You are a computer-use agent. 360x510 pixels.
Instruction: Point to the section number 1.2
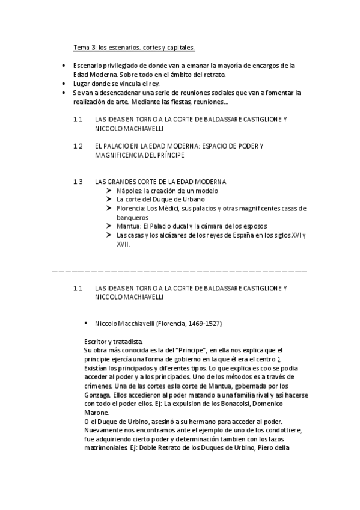[x=78, y=146]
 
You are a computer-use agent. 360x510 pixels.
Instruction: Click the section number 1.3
[x=78, y=182]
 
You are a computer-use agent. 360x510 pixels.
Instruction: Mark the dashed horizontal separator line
[x=180, y=272]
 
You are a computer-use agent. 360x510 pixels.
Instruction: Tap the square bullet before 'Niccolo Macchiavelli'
[x=87, y=324]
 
